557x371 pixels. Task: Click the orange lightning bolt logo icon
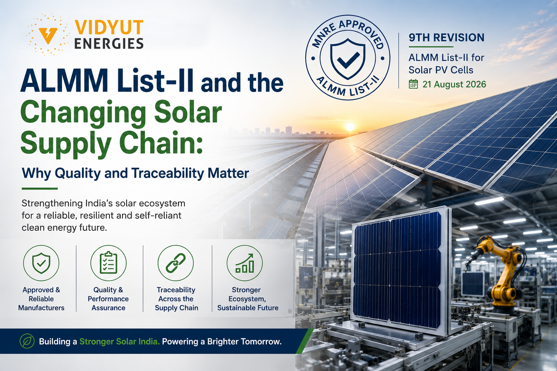pyautogui.click(x=48, y=35)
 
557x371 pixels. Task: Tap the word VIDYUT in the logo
pyautogui.click(x=109, y=27)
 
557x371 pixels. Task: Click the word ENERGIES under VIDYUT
pyautogui.click(x=109, y=43)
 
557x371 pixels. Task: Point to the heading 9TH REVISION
pyautogui.click(x=446, y=38)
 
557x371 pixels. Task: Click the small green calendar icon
pyautogui.click(x=413, y=84)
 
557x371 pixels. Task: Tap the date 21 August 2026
pyautogui.click(x=454, y=84)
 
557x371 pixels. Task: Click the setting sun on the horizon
pyautogui.click(x=350, y=127)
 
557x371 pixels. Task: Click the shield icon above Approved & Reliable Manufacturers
pyautogui.click(x=41, y=263)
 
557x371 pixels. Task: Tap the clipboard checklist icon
pyautogui.click(x=108, y=263)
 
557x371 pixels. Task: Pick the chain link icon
pyautogui.click(x=176, y=263)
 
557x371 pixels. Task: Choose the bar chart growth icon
pyautogui.click(x=245, y=263)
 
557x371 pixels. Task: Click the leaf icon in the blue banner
pyautogui.click(x=27, y=341)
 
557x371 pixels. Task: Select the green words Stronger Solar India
pyautogui.click(x=120, y=342)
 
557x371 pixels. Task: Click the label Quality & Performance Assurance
pyautogui.click(x=108, y=299)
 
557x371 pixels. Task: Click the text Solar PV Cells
pyautogui.click(x=441, y=70)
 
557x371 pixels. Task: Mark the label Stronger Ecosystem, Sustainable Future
pyautogui.click(x=248, y=299)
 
